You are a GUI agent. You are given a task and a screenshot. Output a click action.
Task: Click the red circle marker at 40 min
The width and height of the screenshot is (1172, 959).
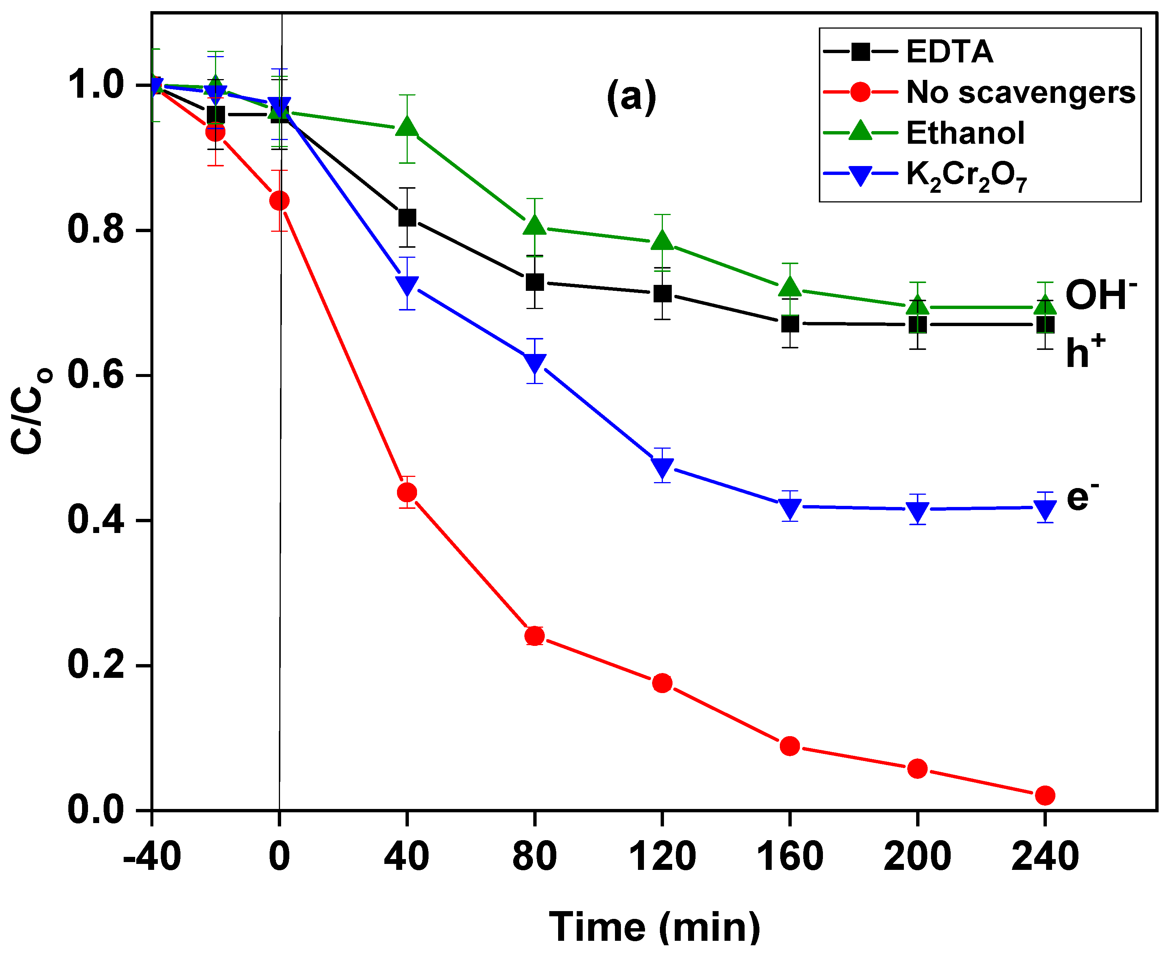[407, 492]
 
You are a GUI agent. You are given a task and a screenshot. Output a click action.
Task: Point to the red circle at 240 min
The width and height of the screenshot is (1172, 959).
[1044, 796]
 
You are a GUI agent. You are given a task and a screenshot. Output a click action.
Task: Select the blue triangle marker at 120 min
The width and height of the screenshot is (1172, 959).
[662, 467]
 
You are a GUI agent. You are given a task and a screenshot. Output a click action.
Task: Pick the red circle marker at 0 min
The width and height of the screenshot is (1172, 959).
[280, 201]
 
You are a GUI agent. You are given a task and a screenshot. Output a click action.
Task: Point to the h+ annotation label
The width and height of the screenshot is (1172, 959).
[1085, 351]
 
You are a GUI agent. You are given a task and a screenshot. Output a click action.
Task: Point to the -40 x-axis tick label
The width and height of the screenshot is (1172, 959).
[152, 857]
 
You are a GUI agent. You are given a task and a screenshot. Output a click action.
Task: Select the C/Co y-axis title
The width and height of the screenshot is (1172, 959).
[30, 412]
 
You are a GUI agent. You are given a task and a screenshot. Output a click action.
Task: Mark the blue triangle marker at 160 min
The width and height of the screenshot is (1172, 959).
[790, 507]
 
